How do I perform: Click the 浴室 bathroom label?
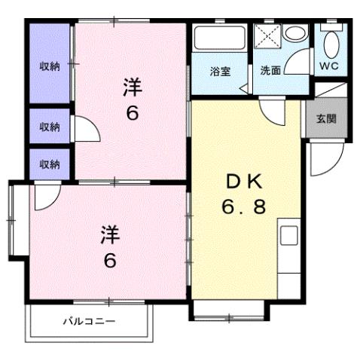[x=220, y=72]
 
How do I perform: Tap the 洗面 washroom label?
[x=270, y=72]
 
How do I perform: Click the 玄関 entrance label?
[x=326, y=118]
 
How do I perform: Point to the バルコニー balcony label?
[x=89, y=320]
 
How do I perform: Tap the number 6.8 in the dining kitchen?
[x=243, y=207]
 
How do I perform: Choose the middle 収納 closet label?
[x=50, y=127]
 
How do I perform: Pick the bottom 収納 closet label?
[x=50, y=163]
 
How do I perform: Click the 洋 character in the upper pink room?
[x=133, y=88]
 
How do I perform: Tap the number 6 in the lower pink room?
[x=110, y=262]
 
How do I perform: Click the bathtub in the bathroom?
[x=220, y=38]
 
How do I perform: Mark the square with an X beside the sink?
[x=267, y=36]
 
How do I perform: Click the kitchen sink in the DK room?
[x=290, y=234]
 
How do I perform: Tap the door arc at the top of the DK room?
[x=270, y=112]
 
